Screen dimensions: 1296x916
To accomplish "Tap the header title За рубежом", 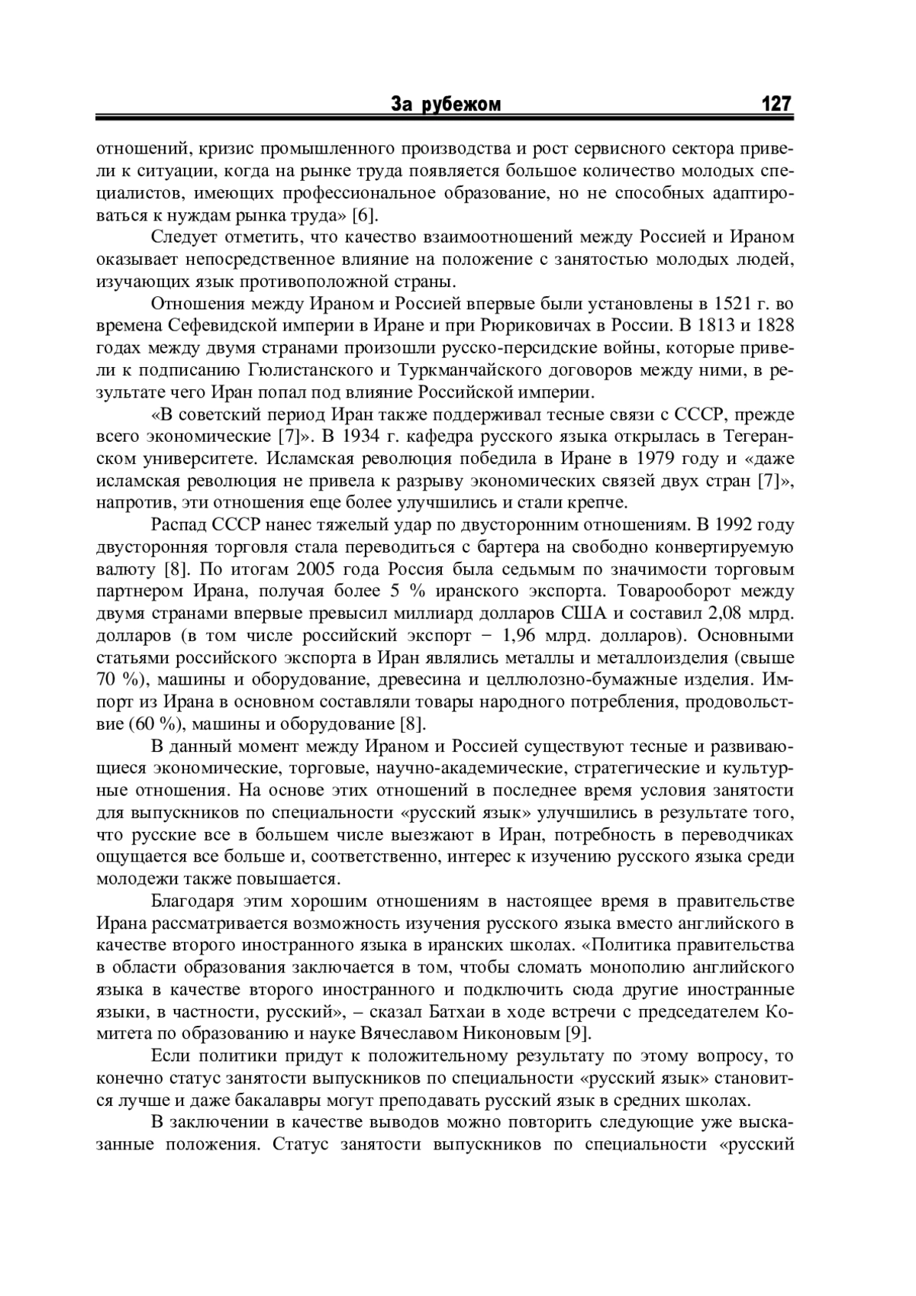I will coord(446,105).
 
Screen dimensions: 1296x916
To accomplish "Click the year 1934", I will coord(363,437).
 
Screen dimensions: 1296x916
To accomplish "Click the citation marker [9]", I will coord(576,1034).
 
